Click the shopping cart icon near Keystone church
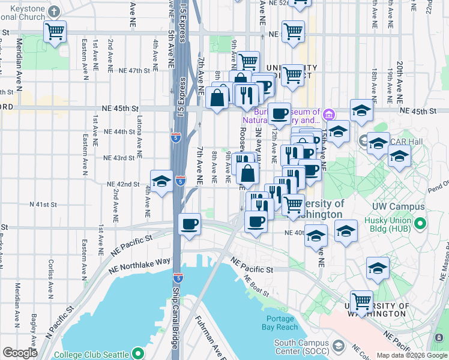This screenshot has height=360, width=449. [55, 31]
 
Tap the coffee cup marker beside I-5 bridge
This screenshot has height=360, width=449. [190, 225]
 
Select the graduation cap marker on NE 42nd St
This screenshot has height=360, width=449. [160, 182]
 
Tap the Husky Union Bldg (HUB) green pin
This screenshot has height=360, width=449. [421, 225]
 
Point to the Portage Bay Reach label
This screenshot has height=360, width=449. [279, 323]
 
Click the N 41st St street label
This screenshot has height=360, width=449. [43, 205]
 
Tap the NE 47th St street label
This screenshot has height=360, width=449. [133, 71]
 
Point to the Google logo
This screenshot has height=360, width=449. [20, 353]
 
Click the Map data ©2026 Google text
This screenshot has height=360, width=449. [412, 355]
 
